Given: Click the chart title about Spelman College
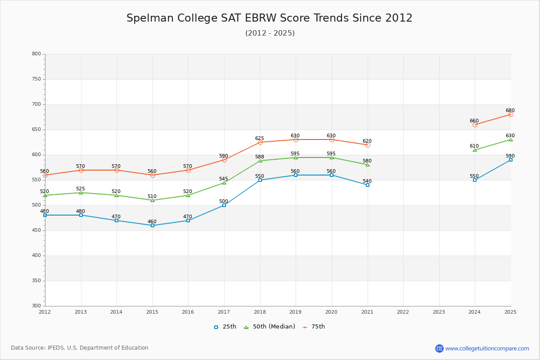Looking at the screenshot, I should click(x=269, y=18).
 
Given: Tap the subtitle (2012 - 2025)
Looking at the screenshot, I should click(x=270, y=33).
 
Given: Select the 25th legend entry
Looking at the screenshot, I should click(x=225, y=327).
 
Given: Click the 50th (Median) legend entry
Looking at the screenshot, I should click(x=270, y=327).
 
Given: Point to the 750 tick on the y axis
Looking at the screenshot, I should click(x=36, y=79).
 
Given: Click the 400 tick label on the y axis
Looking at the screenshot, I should click(x=36, y=256).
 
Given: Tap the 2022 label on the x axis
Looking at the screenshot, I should click(x=403, y=312).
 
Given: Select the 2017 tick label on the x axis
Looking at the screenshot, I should click(x=224, y=312).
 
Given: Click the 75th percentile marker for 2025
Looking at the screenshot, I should click(x=511, y=114).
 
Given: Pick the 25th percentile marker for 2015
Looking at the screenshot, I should click(x=153, y=225).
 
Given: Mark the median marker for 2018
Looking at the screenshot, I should click(x=260, y=161).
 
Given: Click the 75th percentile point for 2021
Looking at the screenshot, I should click(x=368, y=145).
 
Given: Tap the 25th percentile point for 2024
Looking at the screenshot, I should click(x=475, y=180).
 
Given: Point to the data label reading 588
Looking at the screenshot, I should click(x=260, y=157).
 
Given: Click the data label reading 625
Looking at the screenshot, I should click(x=260, y=138).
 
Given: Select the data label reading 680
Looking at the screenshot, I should click(x=510, y=110).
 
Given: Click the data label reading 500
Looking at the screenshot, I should click(x=224, y=201).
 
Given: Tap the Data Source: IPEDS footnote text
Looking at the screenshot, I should click(x=80, y=348).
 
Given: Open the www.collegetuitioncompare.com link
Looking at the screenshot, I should click(x=487, y=348).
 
